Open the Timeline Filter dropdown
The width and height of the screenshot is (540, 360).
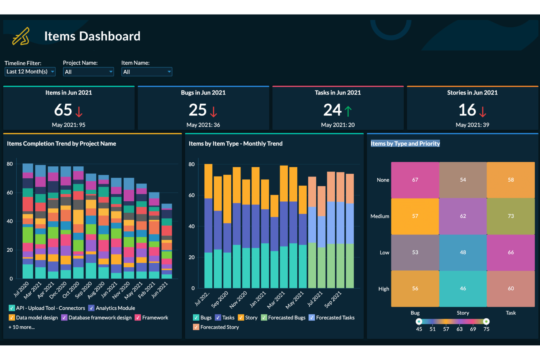[x=30, y=71]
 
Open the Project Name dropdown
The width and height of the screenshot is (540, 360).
[x=88, y=71]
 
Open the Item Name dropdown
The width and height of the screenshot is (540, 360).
[x=147, y=71]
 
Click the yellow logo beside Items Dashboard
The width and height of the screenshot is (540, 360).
[x=21, y=36]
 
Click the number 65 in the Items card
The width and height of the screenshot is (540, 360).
[x=63, y=110]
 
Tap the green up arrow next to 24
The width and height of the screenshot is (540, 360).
[x=348, y=111]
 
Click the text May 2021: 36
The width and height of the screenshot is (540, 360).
[x=203, y=125]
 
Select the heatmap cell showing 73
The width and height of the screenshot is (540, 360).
[x=510, y=216]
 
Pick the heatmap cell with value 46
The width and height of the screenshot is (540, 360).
[x=463, y=289]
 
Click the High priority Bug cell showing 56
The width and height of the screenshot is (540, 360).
[x=415, y=289]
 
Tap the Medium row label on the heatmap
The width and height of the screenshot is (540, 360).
[x=380, y=216]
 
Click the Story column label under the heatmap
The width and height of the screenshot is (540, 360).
[x=463, y=313]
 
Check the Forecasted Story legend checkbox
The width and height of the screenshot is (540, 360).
[x=196, y=327]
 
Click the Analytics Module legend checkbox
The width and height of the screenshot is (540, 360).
[x=91, y=308]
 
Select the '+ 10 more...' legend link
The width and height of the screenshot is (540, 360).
[x=22, y=327]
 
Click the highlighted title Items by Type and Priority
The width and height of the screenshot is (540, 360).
[x=405, y=144]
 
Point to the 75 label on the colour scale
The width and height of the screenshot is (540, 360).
[x=486, y=329]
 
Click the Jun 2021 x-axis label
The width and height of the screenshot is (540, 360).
[x=160, y=290]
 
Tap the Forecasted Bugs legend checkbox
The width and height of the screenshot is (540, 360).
[x=264, y=318]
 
